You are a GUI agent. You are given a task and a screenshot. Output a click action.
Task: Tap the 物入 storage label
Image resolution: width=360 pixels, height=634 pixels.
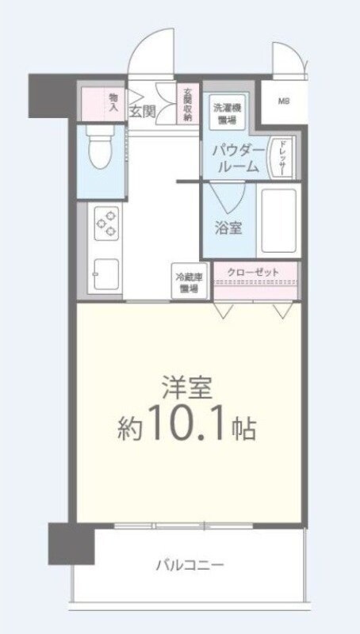(x=113, y=101)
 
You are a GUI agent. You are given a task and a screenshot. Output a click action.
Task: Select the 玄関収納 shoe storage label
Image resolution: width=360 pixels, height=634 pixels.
(x=187, y=104)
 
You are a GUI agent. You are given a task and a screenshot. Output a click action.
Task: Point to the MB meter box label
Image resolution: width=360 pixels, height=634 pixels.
(x=283, y=101)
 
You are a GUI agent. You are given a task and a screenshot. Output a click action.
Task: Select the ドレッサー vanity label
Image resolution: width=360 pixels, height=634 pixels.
(x=280, y=157)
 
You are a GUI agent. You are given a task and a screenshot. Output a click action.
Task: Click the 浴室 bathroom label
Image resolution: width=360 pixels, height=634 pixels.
(x=229, y=227)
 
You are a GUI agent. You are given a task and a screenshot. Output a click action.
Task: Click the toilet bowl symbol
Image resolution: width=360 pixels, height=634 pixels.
(x=99, y=151)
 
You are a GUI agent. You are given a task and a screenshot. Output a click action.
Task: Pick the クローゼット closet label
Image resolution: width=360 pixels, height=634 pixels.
(x=254, y=273)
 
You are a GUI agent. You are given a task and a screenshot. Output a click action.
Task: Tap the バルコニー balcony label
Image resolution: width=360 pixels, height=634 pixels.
(x=189, y=565)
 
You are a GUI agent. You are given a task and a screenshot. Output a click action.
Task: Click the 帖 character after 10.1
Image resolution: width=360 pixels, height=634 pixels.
(x=243, y=430)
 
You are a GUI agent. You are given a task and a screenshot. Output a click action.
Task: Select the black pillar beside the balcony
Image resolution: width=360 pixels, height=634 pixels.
(x=70, y=543)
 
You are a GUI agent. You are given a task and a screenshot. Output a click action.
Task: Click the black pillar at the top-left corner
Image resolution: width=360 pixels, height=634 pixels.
(x=51, y=94)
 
